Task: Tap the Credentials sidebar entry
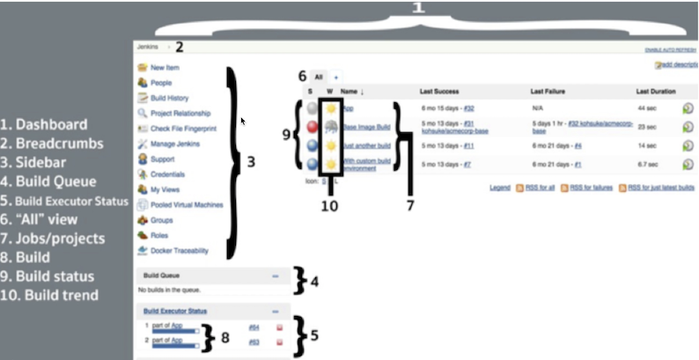pyautogui.click(x=167, y=174)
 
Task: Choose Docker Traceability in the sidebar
pyautogui.click(x=179, y=250)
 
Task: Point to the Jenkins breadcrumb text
pyautogui.click(x=147, y=46)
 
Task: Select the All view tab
pyautogui.click(x=320, y=77)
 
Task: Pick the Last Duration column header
pyautogui.click(x=655, y=92)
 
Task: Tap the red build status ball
pyautogui.click(x=313, y=126)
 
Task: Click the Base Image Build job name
pyautogui.click(x=366, y=126)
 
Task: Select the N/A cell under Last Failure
pyautogui.click(x=536, y=108)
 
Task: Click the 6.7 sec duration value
pyautogui.click(x=647, y=164)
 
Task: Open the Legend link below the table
pyautogui.click(x=499, y=187)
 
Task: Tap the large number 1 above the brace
pyautogui.click(x=419, y=8)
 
